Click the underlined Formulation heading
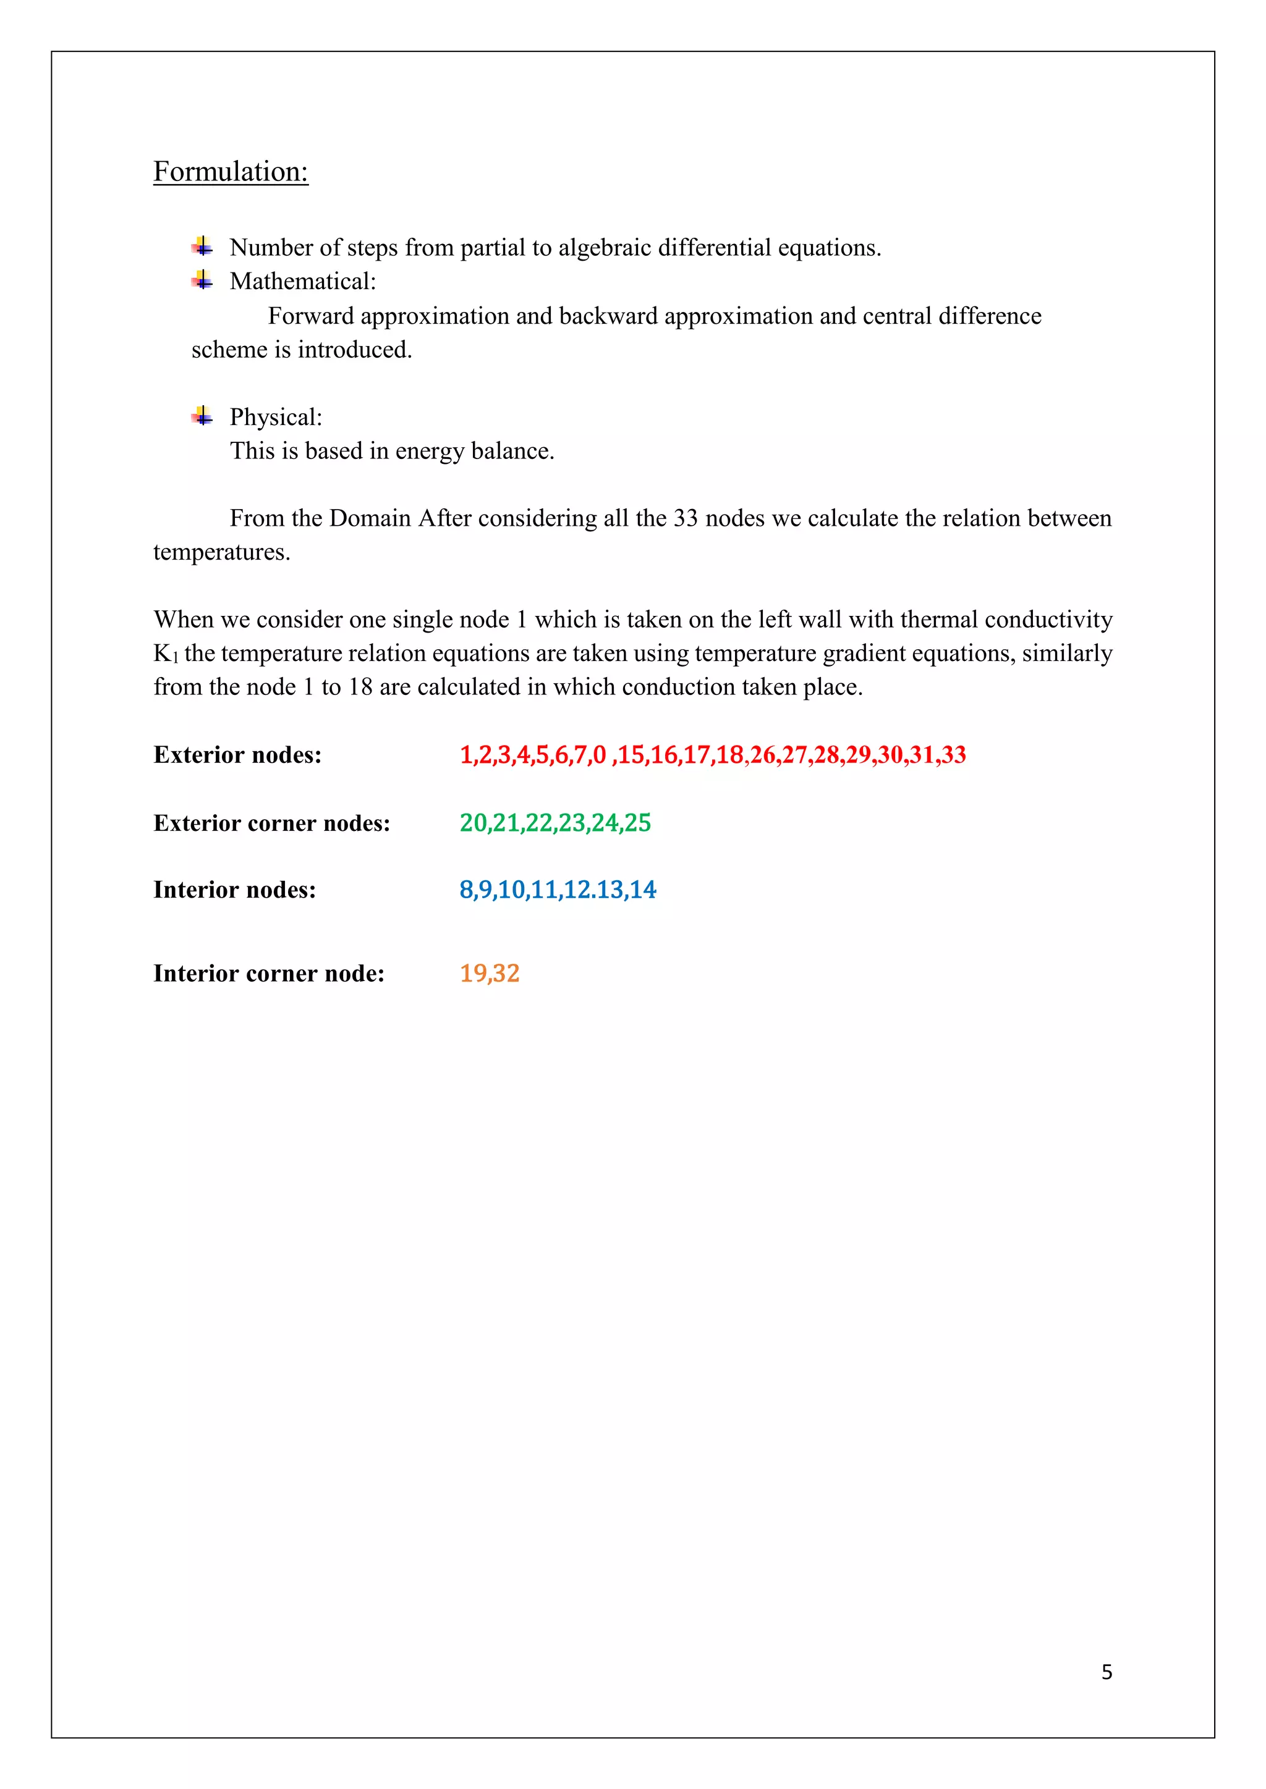click(231, 171)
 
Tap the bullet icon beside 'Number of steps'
click(203, 247)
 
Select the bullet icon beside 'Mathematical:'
click(203, 280)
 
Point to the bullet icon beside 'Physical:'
click(203, 416)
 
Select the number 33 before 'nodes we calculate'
click(685, 518)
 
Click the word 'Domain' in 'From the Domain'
click(370, 518)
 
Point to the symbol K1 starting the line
click(165, 654)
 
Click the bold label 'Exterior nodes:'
click(238, 755)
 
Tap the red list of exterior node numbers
click(713, 755)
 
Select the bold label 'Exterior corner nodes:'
click(272, 823)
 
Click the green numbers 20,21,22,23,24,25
click(555, 823)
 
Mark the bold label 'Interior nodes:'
click(235, 890)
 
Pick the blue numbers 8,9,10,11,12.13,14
click(558, 890)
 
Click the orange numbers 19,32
click(490, 973)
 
